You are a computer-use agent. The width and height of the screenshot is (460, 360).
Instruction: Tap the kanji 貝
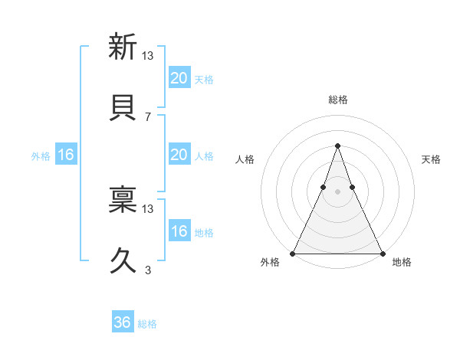(123, 109)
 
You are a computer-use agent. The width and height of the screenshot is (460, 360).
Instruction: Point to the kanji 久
(123, 261)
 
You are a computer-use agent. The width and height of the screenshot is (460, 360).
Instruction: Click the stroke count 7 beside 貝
(148, 116)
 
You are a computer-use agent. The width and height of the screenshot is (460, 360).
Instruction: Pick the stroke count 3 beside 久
(148, 270)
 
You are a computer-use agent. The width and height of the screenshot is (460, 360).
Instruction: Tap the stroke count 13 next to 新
(149, 55)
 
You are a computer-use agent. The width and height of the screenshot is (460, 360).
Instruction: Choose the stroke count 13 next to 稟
(149, 208)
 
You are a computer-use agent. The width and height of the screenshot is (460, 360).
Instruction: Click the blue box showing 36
(123, 322)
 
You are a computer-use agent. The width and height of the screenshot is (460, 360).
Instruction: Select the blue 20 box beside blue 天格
(179, 78)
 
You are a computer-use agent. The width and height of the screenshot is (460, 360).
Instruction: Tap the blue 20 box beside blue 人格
(179, 155)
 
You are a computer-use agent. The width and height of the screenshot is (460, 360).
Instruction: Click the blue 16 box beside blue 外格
(66, 155)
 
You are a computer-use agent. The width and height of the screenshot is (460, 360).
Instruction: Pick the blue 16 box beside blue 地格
(179, 231)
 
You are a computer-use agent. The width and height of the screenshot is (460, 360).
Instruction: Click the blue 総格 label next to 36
(148, 324)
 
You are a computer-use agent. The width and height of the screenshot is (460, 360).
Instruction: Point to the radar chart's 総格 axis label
(337, 100)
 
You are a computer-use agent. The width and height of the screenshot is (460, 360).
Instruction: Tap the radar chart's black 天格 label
(432, 159)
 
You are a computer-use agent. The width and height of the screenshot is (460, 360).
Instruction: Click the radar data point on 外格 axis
(293, 253)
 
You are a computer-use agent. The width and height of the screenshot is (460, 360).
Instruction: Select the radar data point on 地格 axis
(382, 253)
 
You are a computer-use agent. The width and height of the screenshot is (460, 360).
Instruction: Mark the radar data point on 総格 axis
(337, 146)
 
